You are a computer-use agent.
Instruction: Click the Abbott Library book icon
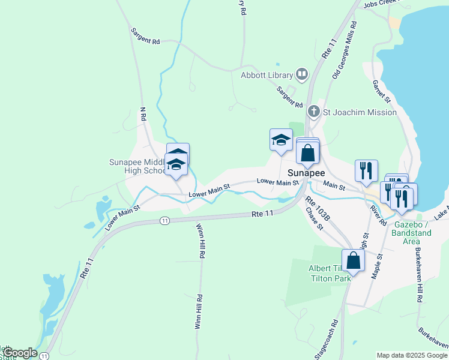pos(302,75)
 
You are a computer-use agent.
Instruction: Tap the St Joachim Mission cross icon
pos(313,112)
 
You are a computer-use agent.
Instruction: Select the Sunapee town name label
pos(307,172)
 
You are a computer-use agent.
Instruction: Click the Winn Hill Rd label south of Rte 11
pos(200,241)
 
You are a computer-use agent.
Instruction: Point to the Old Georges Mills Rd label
pos(344,51)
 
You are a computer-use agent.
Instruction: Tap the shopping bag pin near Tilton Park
pos(354,261)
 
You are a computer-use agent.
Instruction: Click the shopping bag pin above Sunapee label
pos(307,152)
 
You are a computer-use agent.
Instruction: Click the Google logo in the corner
pos(19,353)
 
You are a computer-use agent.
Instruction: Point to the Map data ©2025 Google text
pos(411,355)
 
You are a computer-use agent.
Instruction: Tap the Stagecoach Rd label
pos(327,339)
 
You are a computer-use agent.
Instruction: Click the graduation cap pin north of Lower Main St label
pos(281,141)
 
